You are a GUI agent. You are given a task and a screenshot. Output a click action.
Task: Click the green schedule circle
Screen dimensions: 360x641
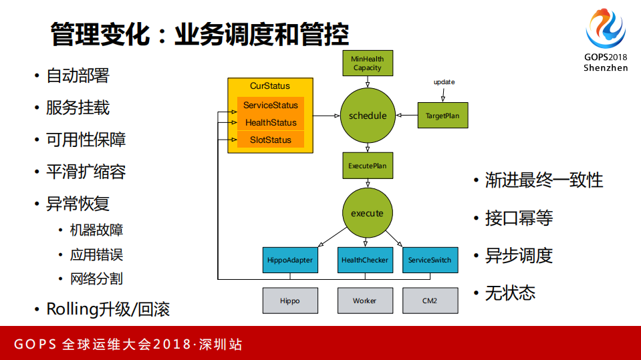click(368, 116)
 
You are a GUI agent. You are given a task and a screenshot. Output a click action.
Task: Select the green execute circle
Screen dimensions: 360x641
click(367, 213)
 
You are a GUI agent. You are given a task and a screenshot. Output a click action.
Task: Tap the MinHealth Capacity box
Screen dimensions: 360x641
click(368, 63)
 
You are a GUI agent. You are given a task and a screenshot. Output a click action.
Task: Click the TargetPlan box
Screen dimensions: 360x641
click(442, 116)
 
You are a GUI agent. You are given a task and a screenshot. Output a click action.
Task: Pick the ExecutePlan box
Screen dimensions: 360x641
click(368, 165)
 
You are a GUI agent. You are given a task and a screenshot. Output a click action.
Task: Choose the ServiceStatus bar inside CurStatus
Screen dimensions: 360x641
click(271, 106)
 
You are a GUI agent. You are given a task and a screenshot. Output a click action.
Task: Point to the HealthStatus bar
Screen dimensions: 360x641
click(271, 122)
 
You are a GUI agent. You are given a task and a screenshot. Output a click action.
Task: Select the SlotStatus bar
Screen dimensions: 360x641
click(271, 140)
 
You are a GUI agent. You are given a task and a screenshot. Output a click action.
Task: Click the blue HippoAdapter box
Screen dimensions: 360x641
click(289, 260)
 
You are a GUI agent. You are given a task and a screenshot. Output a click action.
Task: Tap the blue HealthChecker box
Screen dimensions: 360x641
click(365, 260)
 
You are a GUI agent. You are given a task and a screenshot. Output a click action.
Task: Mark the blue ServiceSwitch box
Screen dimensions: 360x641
click(430, 260)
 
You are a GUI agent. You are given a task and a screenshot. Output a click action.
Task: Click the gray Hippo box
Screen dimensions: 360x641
click(289, 301)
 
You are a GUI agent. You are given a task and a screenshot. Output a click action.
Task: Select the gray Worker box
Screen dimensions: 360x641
click(365, 301)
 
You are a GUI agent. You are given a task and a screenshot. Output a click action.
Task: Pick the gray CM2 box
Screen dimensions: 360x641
click(430, 301)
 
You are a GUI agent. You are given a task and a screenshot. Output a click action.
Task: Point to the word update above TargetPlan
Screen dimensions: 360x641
click(444, 82)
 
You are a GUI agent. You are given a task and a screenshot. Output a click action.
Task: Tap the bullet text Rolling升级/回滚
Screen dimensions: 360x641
click(108, 309)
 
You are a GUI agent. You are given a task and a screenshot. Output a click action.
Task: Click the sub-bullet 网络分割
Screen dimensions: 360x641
click(96, 279)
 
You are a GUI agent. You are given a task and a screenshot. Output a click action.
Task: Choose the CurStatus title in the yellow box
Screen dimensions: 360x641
click(270, 86)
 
